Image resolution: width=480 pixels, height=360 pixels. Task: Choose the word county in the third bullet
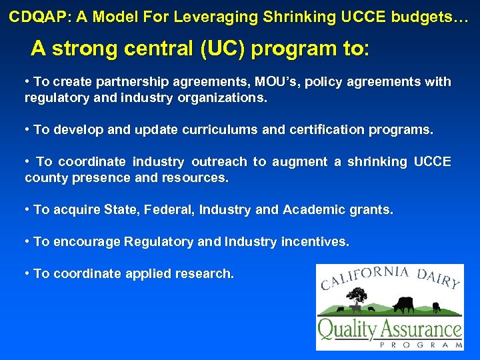[43, 178]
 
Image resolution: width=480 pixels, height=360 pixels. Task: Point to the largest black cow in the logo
[403, 305]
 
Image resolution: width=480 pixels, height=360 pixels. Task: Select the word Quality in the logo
[347, 329]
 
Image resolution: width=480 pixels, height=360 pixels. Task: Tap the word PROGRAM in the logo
[421, 345]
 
